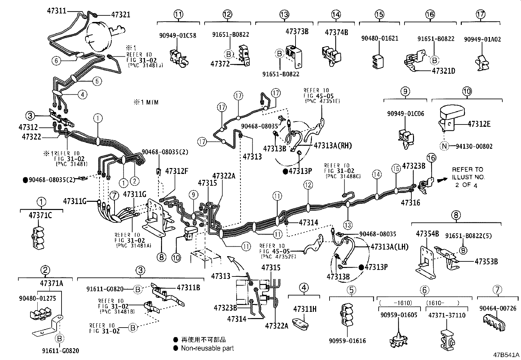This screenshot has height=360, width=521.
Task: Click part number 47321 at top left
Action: click(x=120, y=14)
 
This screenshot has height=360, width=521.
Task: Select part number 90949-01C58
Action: click(x=178, y=35)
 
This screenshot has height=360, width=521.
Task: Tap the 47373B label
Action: click(x=297, y=31)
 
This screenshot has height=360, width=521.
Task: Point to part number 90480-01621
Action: click(x=380, y=38)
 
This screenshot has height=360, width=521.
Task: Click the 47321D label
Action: click(x=443, y=71)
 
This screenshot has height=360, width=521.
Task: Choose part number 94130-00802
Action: click(x=474, y=146)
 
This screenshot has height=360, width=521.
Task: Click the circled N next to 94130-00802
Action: click(x=444, y=146)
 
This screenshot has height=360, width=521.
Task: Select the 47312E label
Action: click(x=479, y=124)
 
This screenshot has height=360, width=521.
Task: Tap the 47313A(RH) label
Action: click(x=333, y=146)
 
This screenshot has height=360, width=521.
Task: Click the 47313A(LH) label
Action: click(x=389, y=247)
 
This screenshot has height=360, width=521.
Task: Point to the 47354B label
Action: click(x=427, y=234)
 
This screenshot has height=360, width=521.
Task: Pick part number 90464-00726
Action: click(x=498, y=308)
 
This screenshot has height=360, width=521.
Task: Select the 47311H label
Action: click(x=305, y=309)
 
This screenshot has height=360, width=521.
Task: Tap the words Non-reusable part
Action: click(x=207, y=348)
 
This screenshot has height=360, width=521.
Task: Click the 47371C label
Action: click(x=41, y=215)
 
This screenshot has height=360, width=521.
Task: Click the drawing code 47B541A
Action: click(x=507, y=355)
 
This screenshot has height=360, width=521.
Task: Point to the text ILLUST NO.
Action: click(x=468, y=177)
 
